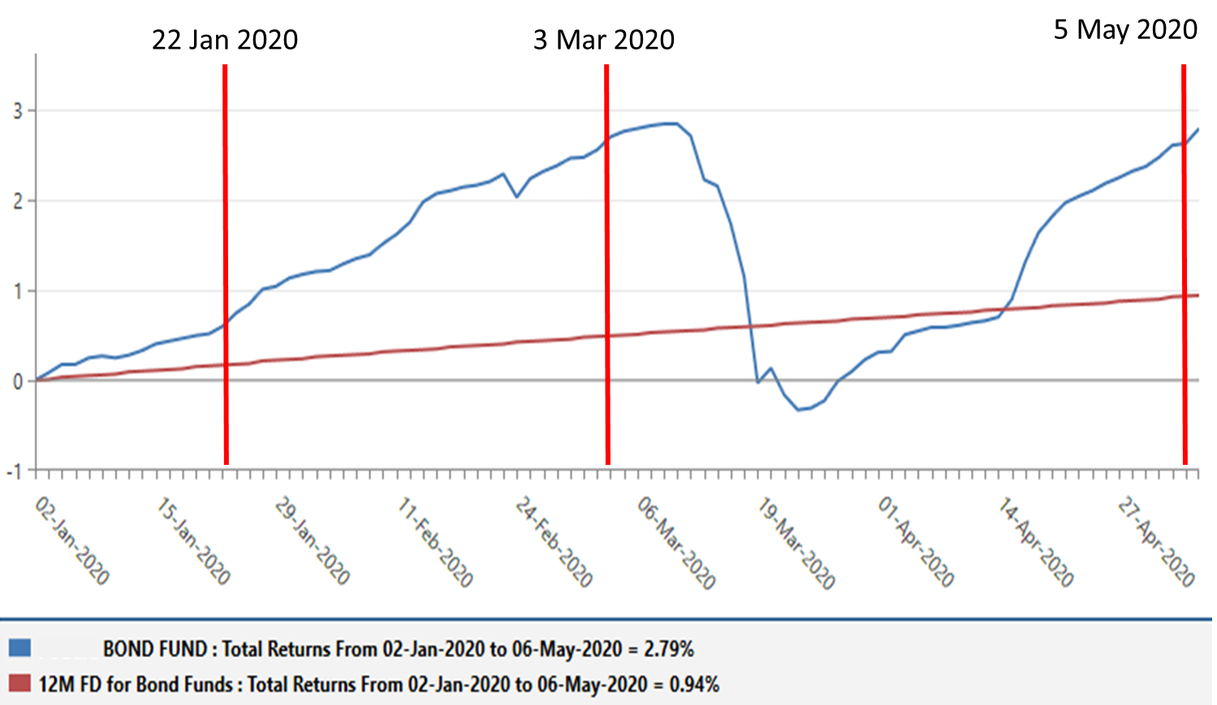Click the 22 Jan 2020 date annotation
pyautogui.click(x=225, y=39)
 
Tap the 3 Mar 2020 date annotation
pyautogui.click(x=603, y=39)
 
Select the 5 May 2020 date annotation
pyautogui.click(x=1125, y=29)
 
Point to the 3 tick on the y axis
pyautogui.click(x=18, y=110)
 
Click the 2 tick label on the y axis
pyautogui.click(x=18, y=200)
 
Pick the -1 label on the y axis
pyautogui.click(x=15, y=471)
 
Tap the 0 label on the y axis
pyautogui.click(x=18, y=381)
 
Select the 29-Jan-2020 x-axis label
pyautogui.click(x=312, y=541)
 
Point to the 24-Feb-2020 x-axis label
pyautogui.click(x=554, y=542)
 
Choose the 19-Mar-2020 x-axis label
pyautogui.click(x=796, y=543)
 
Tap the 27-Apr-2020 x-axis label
pyautogui.click(x=1156, y=542)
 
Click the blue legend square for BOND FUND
pyautogui.click(x=20, y=647)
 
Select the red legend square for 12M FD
pyautogui.click(x=20, y=683)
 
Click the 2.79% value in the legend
pyautogui.click(x=668, y=649)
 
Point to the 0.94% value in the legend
pyautogui.click(x=694, y=684)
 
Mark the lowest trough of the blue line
pyautogui.click(x=799, y=410)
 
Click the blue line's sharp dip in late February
pyautogui.click(x=516, y=196)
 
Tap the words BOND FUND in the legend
pyautogui.click(x=154, y=649)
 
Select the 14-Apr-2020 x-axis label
pyautogui.click(x=1035, y=542)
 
